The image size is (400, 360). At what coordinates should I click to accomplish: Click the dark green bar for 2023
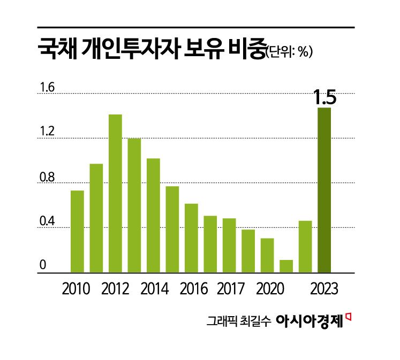pyautogui.click(x=324, y=190)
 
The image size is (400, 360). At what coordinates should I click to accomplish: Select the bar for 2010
pyautogui.click(x=77, y=231)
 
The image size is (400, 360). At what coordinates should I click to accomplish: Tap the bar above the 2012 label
pyautogui.click(x=115, y=193)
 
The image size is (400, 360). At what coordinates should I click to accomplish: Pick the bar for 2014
pyautogui.click(x=153, y=215)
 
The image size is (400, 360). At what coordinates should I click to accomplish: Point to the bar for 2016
pyautogui.click(x=191, y=238)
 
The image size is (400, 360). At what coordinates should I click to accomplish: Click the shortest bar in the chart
pyautogui.click(x=286, y=266)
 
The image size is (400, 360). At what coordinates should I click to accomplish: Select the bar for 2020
pyautogui.click(x=267, y=255)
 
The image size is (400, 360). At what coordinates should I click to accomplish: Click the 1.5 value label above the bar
pyautogui.click(x=324, y=98)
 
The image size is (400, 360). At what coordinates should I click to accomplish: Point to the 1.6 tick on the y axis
pyautogui.click(x=47, y=87)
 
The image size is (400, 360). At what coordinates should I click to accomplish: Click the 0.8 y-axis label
pyautogui.click(x=47, y=177)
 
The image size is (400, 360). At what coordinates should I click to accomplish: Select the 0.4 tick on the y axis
pyautogui.click(x=47, y=221)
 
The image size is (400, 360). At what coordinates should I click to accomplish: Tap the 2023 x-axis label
pyautogui.click(x=324, y=289)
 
